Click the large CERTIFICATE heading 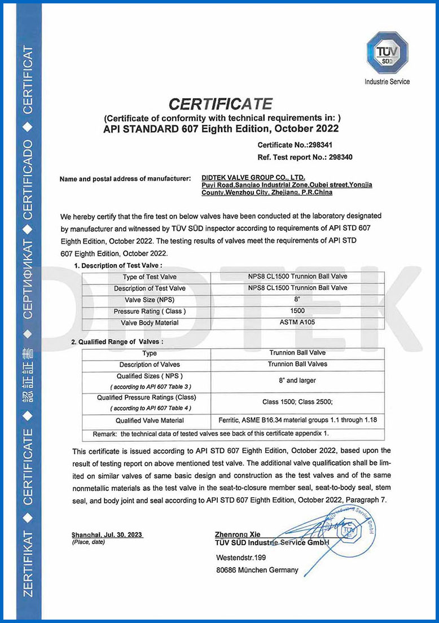point(221,104)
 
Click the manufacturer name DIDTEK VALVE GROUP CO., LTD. point(253,178)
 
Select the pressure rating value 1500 point(297,311)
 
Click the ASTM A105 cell point(297,323)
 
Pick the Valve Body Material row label point(150,323)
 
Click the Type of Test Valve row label point(150,277)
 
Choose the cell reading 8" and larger point(297,380)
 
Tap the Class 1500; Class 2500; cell point(297,402)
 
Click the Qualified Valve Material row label point(150,420)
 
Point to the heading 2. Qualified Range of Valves point(117,342)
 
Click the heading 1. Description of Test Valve point(118,265)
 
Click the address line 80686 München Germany point(257,570)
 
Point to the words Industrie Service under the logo point(387,82)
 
